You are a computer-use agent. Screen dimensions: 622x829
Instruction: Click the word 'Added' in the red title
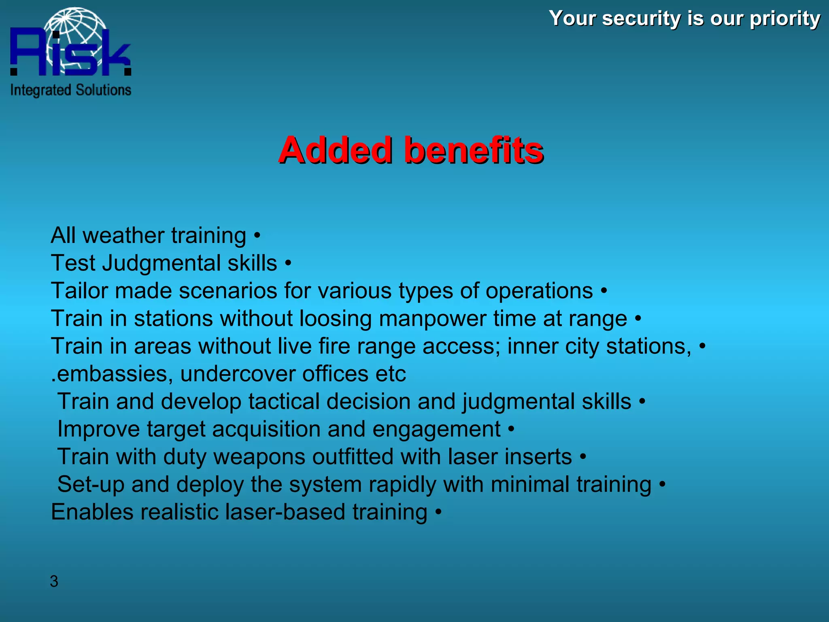tap(336, 150)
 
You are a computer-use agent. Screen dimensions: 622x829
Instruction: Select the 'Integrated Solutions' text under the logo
tap(71, 90)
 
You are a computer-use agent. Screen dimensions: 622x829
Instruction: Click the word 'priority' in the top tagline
tap(785, 19)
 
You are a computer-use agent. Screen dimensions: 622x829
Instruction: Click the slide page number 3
tap(54, 582)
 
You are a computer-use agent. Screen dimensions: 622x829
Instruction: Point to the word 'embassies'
tap(114, 374)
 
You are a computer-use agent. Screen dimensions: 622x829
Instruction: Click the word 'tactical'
tap(284, 401)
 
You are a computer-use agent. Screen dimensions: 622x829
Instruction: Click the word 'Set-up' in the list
tap(91, 485)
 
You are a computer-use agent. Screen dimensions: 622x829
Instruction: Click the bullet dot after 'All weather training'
tap(257, 235)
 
